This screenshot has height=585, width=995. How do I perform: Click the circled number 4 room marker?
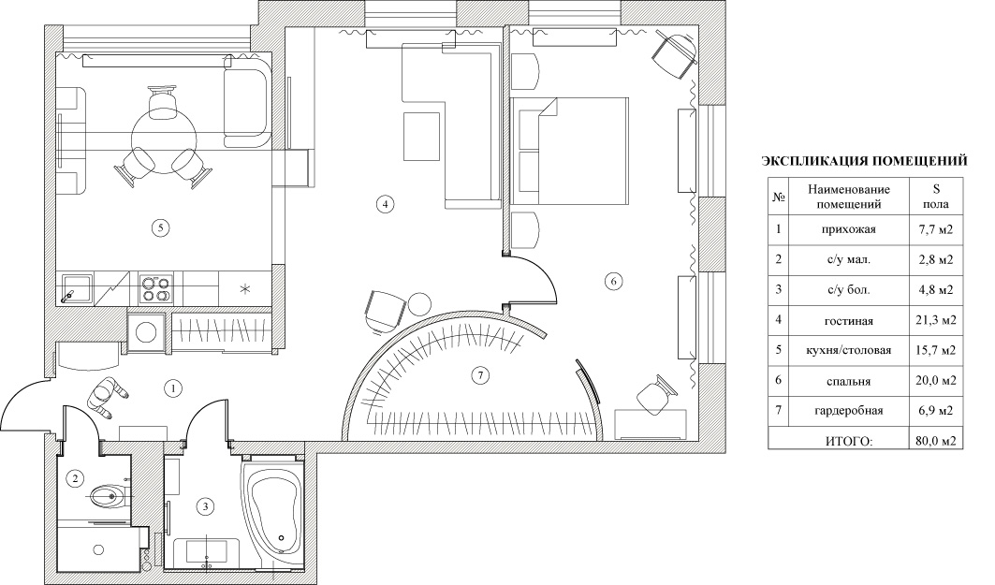(x=385, y=204)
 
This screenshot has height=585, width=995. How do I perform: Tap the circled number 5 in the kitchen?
(x=161, y=227)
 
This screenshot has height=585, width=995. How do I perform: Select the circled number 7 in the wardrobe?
(x=480, y=375)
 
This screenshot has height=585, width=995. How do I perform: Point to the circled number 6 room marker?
(x=613, y=281)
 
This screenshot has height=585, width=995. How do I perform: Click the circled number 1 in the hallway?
(x=172, y=388)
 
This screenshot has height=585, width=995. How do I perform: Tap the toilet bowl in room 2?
(x=109, y=496)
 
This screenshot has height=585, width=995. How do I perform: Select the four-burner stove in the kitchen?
(x=155, y=288)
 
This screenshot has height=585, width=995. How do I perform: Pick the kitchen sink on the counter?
(x=76, y=288)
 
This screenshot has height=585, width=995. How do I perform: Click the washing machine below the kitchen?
(x=148, y=332)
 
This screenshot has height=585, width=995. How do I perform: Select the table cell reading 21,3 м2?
(x=936, y=320)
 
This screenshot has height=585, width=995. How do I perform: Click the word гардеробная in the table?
(x=848, y=411)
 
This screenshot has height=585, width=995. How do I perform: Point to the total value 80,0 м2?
(x=936, y=440)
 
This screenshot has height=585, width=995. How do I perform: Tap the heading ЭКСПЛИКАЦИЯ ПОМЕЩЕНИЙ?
(x=864, y=161)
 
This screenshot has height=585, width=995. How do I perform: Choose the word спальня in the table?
(x=848, y=381)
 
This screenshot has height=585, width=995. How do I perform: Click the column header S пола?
(x=936, y=197)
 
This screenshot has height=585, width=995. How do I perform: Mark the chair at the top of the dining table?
(x=162, y=101)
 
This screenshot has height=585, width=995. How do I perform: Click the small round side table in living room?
(x=418, y=303)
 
